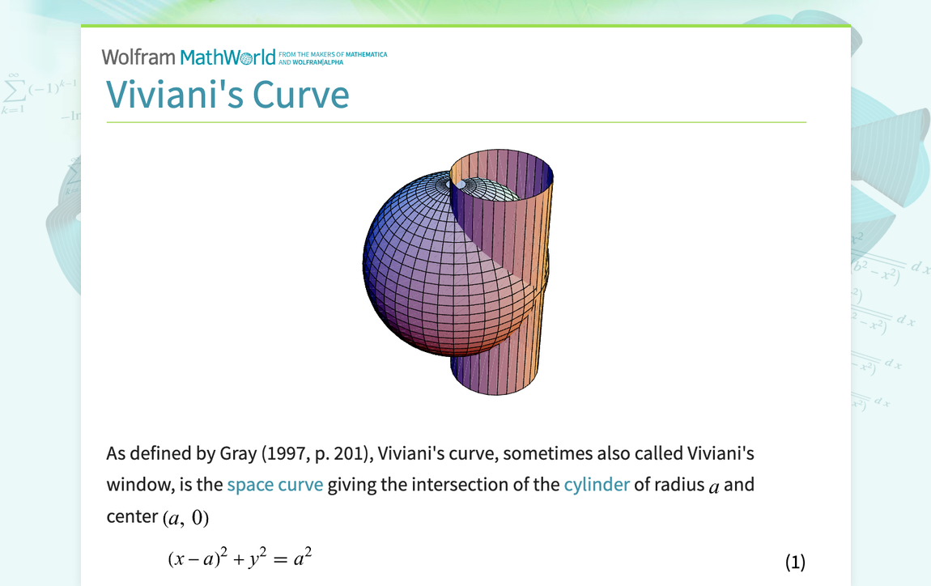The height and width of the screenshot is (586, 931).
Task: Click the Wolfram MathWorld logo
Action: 189,57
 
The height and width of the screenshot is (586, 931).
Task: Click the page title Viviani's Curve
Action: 227,95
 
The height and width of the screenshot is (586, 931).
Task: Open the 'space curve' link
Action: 274,485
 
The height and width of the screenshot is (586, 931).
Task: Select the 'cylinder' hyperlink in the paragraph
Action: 596,485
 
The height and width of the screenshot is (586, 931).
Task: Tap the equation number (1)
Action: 795,562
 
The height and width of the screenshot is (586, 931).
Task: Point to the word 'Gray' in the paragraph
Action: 238,453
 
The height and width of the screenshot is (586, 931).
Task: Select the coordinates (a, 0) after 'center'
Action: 185,517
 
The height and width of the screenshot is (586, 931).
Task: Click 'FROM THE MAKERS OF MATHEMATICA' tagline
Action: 333,55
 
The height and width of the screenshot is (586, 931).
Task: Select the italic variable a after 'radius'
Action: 713,486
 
